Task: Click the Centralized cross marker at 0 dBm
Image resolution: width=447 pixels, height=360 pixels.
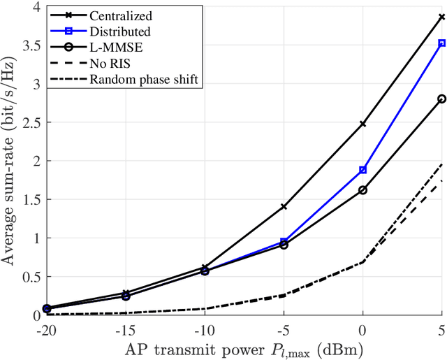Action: click(x=362, y=124)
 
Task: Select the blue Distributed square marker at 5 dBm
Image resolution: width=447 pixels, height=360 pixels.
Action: click(x=441, y=43)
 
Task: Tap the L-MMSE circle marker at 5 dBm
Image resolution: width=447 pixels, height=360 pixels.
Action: click(x=441, y=99)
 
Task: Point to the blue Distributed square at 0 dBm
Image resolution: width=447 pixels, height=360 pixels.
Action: click(x=362, y=170)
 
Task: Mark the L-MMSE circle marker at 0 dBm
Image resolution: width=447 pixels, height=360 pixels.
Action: click(x=362, y=190)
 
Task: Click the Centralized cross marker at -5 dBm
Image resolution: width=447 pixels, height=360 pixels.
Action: click(x=284, y=207)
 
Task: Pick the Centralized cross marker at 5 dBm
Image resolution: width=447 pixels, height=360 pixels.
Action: click(x=441, y=17)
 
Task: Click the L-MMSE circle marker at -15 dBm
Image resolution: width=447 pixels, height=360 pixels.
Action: click(x=126, y=296)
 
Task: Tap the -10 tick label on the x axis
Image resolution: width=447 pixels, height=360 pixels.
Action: click(x=203, y=329)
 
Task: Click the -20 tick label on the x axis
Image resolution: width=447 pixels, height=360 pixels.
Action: click(x=46, y=329)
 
